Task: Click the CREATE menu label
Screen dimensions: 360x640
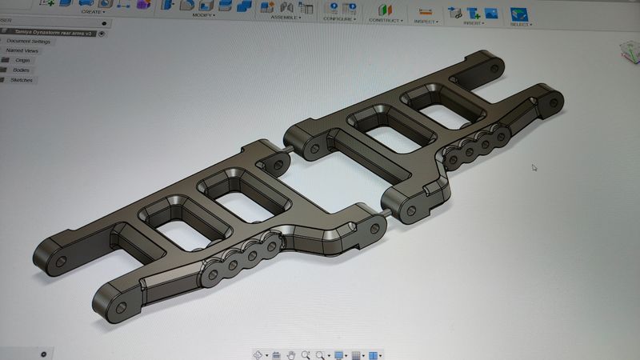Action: point(92,12)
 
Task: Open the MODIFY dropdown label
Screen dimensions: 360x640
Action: point(204,14)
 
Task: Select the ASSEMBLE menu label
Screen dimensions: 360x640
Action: point(285,17)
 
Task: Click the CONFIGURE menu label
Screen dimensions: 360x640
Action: point(340,18)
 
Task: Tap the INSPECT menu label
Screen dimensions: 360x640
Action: point(426,22)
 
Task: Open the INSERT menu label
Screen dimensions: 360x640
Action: point(474,23)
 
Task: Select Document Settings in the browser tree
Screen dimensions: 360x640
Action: point(29,41)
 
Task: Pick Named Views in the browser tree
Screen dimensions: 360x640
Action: point(22,50)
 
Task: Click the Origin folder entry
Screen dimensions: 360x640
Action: point(23,60)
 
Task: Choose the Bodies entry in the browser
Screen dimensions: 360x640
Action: point(21,70)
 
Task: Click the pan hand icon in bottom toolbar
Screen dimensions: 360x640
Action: point(292,354)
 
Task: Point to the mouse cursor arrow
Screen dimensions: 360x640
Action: point(534,167)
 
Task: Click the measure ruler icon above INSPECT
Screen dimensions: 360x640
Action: point(425,12)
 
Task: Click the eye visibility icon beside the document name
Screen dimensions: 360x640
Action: point(102,33)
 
